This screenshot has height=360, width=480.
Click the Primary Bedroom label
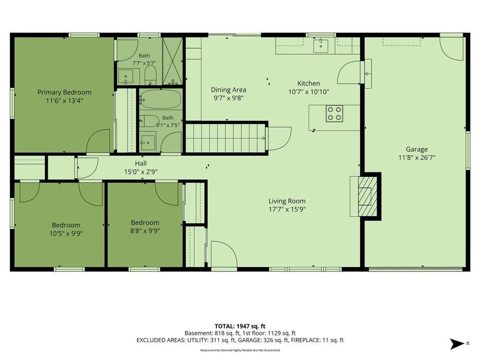pyautogui.click(x=64, y=92)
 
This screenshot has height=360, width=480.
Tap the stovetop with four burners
pyautogui.click(x=334, y=113)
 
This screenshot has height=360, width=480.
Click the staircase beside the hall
pyautogui.click(x=225, y=138)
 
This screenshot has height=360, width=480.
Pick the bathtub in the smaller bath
pyautogui.click(x=161, y=99)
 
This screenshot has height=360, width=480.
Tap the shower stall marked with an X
pyautogui.click(x=172, y=61)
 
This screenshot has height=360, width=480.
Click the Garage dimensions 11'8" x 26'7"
pyautogui.click(x=417, y=157)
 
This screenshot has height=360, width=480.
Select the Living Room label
pyautogui.click(x=287, y=201)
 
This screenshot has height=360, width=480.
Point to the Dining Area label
pyautogui.click(x=229, y=90)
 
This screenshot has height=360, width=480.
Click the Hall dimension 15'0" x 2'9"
pyautogui.click(x=141, y=172)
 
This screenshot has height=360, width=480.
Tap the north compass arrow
pyautogui.click(x=457, y=344)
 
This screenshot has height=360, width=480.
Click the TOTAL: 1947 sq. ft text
pyautogui.click(x=240, y=326)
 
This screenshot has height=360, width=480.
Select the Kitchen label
pyautogui.click(x=308, y=83)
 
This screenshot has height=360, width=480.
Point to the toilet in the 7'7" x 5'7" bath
pyautogui.click(x=150, y=75)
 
